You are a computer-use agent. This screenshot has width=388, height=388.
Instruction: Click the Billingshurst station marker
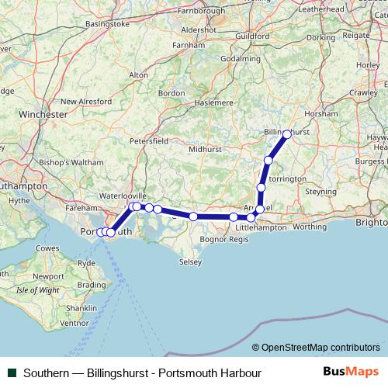point(286,134)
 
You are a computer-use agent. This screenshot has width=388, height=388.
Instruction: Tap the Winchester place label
point(43,114)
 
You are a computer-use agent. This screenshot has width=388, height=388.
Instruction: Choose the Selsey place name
point(189,262)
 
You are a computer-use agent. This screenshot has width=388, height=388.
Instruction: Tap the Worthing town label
point(310,227)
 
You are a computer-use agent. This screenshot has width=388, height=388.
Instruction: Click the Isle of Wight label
point(38,290)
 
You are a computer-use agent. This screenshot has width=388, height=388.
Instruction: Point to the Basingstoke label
point(107,24)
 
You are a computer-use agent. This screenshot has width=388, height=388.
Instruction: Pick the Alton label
point(138,74)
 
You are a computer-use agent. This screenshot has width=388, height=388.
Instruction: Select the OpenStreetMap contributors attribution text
point(320,348)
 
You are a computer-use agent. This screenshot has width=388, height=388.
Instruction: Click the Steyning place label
point(320,191)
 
